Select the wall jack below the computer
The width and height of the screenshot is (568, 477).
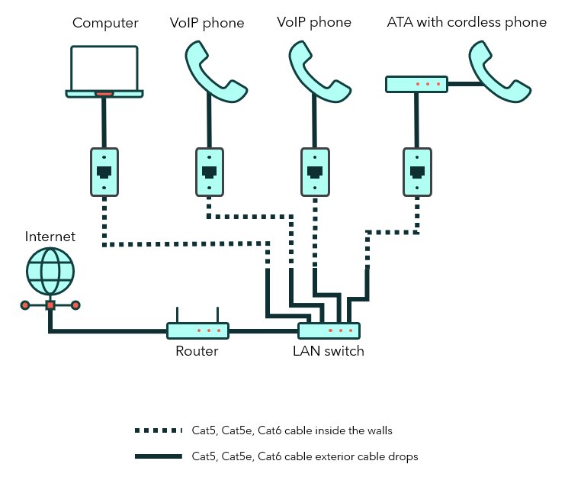click(104, 172)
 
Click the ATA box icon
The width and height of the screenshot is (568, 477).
click(416, 84)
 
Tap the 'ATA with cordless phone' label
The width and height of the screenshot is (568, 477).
click(467, 23)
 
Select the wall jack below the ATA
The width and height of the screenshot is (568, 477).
click(416, 172)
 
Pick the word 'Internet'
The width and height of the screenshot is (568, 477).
click(50, 237)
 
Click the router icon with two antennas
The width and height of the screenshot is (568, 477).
click(198, 330)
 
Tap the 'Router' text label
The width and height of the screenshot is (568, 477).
click(197, 352)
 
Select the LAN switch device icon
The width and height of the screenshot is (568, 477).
click(329, 330)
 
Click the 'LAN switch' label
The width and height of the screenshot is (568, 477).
click(329, 352)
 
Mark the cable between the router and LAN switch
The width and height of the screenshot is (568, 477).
click(263, 331)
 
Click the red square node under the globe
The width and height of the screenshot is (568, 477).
click(50, 305)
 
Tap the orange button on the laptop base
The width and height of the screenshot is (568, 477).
click(104, 94)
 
